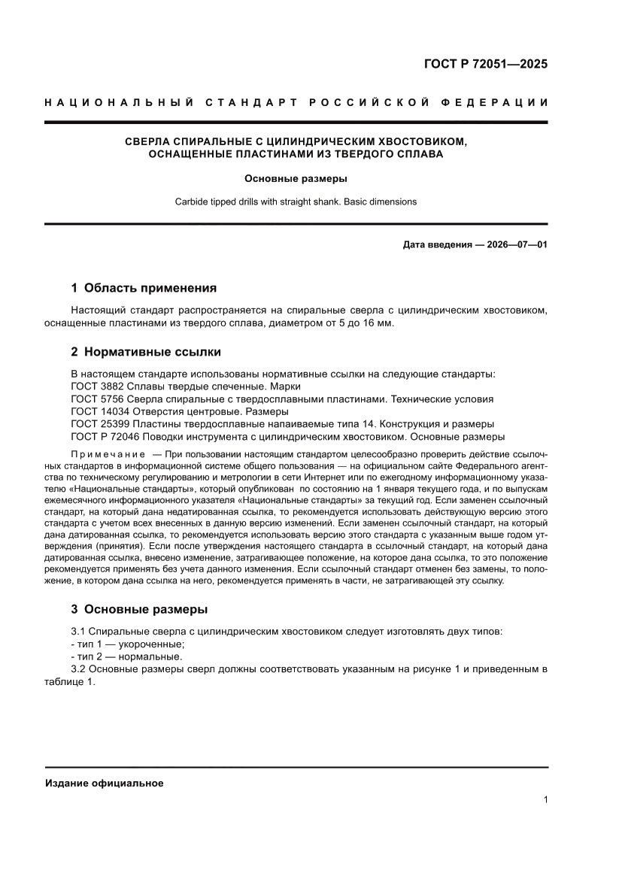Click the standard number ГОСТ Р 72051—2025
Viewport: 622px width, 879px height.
[x=486, y=64]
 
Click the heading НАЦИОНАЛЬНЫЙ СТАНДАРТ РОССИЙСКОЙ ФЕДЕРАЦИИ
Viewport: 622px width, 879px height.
[x=296, y=102]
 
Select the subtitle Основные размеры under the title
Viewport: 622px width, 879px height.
[x=296, y=179]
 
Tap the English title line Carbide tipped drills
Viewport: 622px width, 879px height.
[x=296, y=202]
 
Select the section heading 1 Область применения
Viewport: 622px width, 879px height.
[x=144, y=288]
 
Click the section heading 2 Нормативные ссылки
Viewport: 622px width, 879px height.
[x=146, y=352]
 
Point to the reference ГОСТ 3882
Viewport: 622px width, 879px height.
[x=94, y=386]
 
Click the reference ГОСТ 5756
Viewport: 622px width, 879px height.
[x=94, y=399]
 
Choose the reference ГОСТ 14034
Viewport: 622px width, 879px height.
[x=97, y=412]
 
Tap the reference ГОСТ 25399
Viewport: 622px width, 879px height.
[x=97, y=424]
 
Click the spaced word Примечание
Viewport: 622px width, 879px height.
[x=108, y=455]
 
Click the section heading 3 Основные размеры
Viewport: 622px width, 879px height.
[x=139, y=609]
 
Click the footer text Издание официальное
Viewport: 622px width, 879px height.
[x=105, y=783]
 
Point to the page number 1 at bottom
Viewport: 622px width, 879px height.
[x=545, y=800]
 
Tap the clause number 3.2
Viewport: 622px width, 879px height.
[x=79, y=669]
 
